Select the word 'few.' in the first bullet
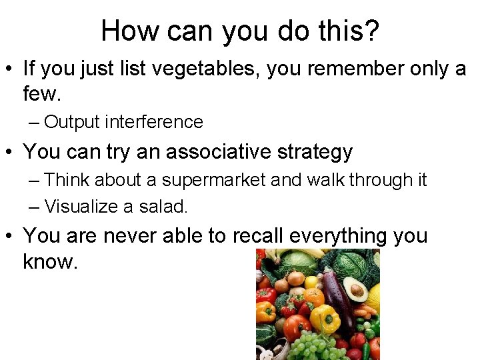[x=42, y=95]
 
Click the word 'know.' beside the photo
[x=51, y=261]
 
